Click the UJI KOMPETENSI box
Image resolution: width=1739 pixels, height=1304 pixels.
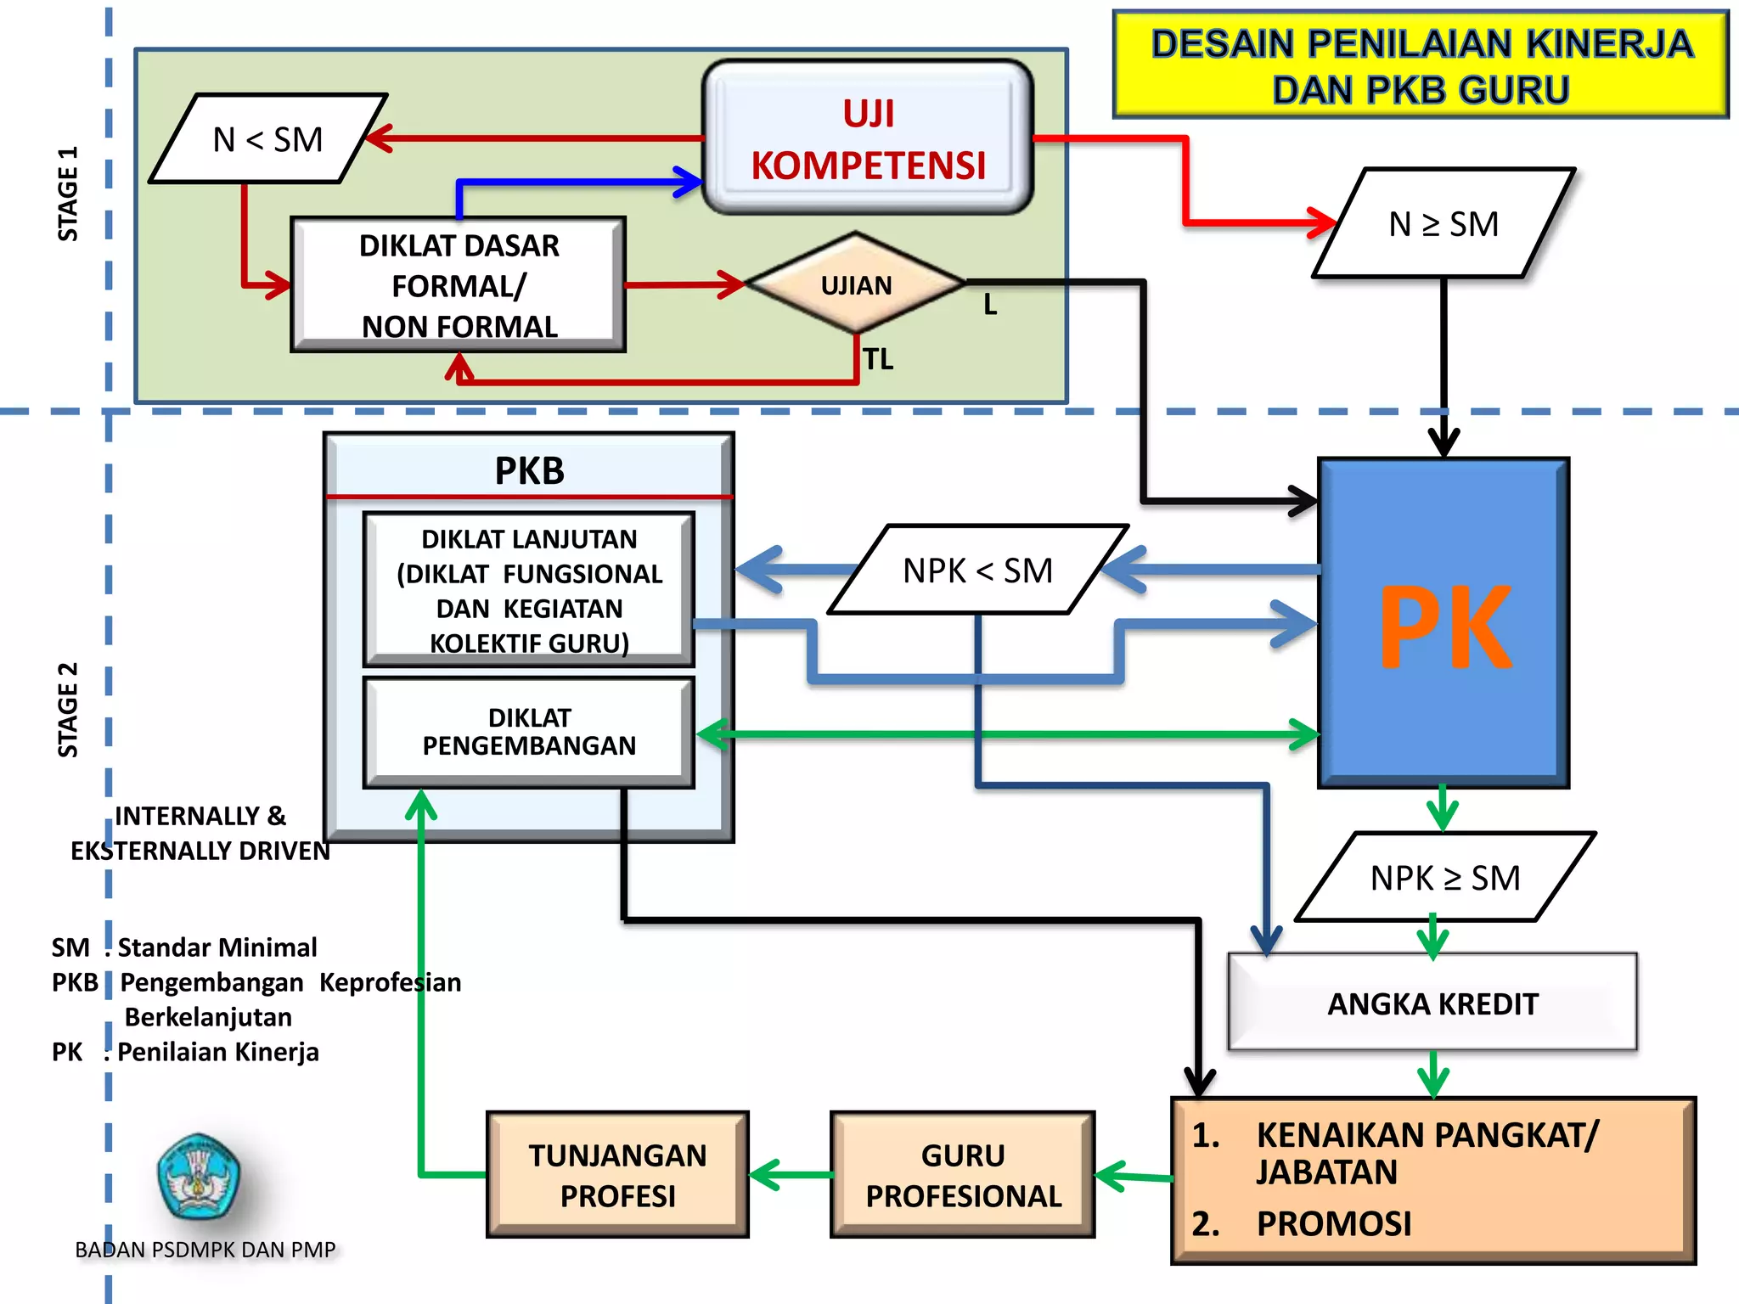868,138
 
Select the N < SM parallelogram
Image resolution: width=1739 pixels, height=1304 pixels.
267,139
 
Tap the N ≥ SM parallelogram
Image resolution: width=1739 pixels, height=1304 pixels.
1444,224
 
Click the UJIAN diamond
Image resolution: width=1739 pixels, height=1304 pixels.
856,285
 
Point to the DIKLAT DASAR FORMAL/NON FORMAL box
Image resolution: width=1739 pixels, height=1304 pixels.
459,285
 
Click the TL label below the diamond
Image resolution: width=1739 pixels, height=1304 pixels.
878,360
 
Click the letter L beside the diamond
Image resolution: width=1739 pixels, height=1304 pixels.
990,305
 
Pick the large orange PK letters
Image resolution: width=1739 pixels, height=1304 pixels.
1445,628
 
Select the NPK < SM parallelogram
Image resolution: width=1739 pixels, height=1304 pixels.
978,570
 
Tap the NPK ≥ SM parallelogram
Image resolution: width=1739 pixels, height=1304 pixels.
1445,878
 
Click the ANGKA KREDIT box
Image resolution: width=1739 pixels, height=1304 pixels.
1432,1003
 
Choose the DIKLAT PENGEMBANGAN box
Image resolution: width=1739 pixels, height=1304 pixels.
528,732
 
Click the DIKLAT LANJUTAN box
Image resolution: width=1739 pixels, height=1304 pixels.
528,590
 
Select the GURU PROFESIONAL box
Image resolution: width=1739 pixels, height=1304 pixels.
963,1175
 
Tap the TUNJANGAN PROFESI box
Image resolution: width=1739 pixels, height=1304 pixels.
617,1175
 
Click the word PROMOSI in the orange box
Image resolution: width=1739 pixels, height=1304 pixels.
1333,1224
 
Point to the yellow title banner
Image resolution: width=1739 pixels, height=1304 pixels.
1421,66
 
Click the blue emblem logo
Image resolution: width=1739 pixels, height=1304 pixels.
199,1177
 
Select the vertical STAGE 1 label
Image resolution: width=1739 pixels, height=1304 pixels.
67,194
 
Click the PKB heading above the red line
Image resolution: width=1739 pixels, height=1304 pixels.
529,470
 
